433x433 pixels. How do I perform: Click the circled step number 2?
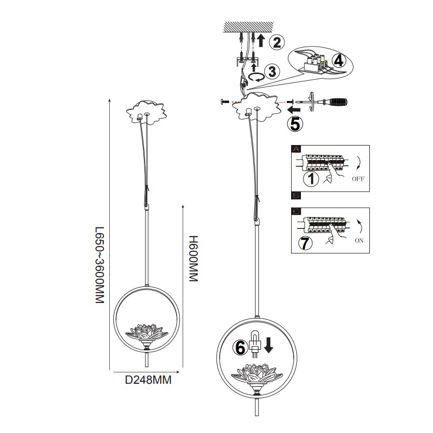click(277, 42)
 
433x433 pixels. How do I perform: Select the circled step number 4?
click(338, 61)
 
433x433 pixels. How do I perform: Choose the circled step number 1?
click(311, 179)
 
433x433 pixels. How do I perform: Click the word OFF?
click(358, 181)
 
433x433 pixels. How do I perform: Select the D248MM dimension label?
click(148, 380)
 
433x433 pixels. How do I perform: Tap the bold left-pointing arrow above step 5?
click(294, 110)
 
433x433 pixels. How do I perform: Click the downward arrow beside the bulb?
click(268, 344)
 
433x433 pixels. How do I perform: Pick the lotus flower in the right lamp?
click(257, 373)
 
